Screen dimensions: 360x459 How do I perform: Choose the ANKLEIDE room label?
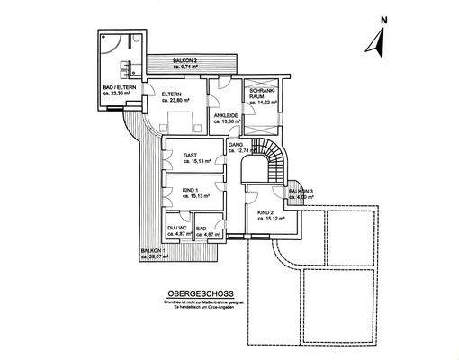(225, 116)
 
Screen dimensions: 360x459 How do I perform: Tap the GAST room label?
(190, 154)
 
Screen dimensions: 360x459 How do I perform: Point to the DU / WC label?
(177, 229)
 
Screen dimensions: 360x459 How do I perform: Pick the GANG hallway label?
(237, 144)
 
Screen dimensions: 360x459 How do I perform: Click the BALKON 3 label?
(300, 192)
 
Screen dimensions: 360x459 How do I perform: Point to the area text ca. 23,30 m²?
(119, 92)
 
